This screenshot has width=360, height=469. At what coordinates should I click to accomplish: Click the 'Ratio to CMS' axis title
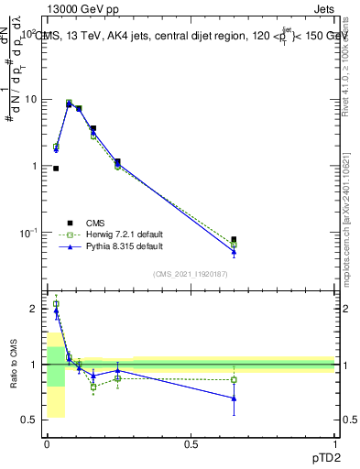point(14,363)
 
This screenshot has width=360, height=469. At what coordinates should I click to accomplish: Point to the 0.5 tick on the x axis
point(191,444)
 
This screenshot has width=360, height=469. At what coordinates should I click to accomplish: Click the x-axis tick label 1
point(335,444)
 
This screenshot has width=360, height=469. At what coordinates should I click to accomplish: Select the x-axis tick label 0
point(47,444)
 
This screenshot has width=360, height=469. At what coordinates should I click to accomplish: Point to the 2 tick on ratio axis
point(33,309)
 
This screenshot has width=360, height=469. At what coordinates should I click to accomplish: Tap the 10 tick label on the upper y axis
point(29,99)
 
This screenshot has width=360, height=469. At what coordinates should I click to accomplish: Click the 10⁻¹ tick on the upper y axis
point(27,233)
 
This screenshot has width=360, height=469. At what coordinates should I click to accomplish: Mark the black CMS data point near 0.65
point(234,240)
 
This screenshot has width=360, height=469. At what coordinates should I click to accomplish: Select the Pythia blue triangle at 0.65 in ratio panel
point(234,398)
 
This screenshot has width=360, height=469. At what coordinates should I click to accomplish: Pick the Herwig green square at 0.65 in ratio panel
point(234,379)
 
